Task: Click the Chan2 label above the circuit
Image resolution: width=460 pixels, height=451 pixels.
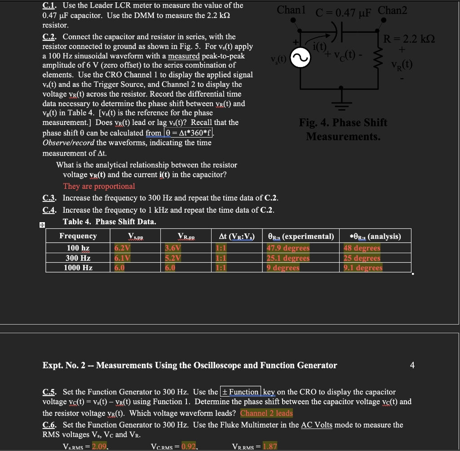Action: click(393, 10)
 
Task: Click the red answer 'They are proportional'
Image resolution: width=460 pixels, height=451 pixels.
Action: click(99, 186)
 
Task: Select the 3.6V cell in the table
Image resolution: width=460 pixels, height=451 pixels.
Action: click(172, 248)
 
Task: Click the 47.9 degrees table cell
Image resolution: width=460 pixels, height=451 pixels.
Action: click(288, 248)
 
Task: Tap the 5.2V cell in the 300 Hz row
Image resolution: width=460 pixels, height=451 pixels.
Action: click(172, 258)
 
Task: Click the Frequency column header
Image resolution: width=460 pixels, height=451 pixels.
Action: click(78, 236)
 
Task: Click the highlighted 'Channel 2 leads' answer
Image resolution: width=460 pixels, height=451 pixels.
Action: click(266, 413)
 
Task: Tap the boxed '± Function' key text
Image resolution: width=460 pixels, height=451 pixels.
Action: click(240, 392)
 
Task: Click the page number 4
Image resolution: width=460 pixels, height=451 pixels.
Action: click(412, 365)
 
